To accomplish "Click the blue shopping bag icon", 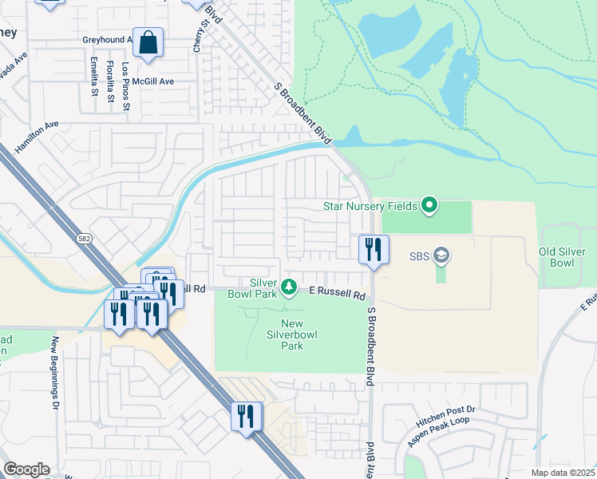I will coord(148,44).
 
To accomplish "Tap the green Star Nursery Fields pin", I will coord(429,206).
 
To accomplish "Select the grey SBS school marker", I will coord(441,256).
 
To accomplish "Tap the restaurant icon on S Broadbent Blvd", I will coord(373,250).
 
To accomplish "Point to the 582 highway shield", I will coord(83,238).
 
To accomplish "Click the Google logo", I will coord(26,469).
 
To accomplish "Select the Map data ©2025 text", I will coord(562,473).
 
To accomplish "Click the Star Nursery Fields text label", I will coord(370,206).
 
